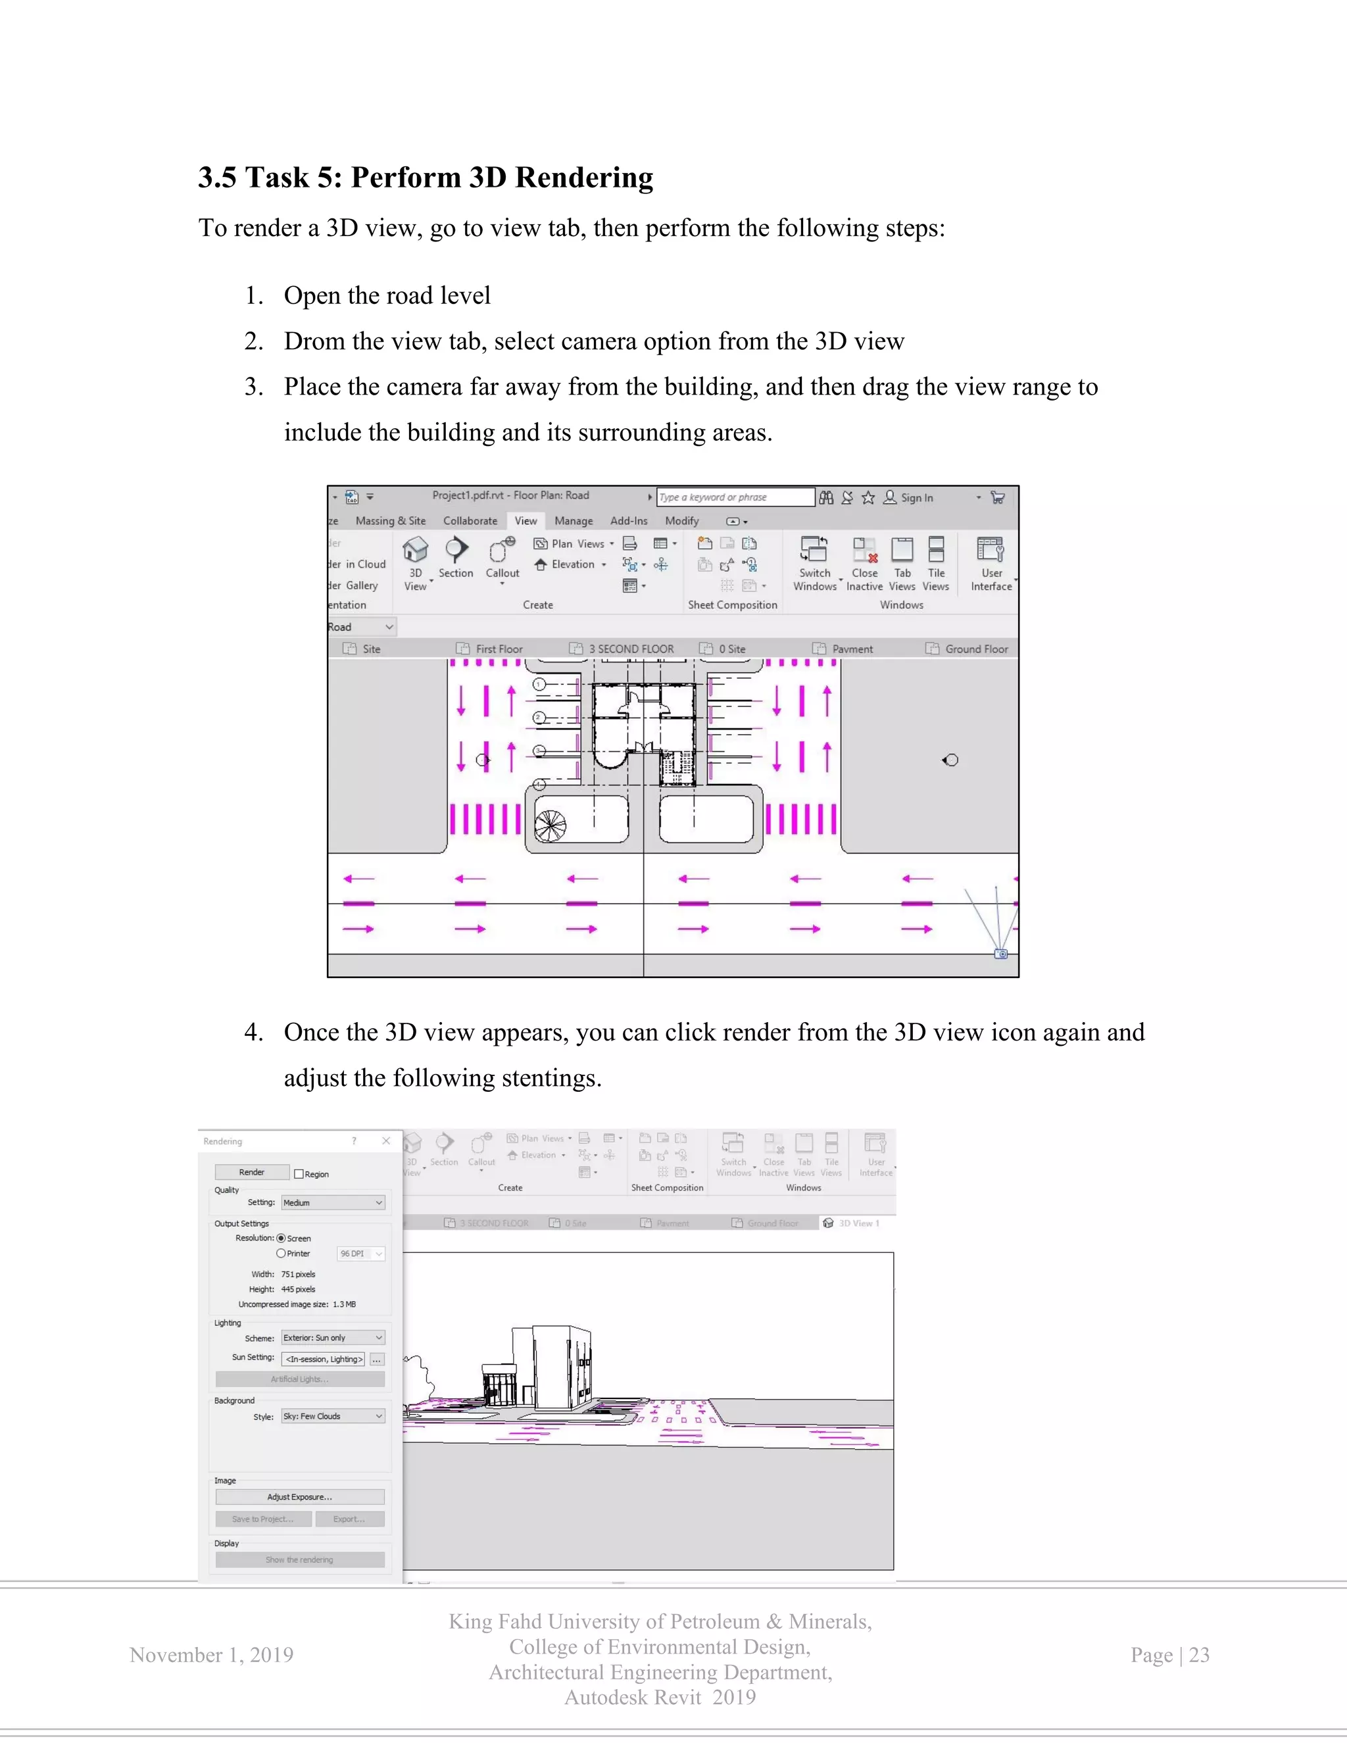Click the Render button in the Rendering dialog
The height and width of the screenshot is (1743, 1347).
pyautogui.click(x=251, y=1172)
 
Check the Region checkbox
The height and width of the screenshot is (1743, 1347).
pyautogui.click(x=299, y=1174)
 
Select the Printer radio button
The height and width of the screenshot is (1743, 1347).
pyautogui.click(x=281, y=1254)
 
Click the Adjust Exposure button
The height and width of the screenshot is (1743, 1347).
pyautogui.click(x=299, y=1497)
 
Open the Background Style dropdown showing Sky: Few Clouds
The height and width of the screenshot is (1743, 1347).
pyautogui.click(x=333, y=1417)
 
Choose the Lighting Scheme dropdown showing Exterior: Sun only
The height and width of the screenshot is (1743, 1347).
pyautogui.click(x=333, y=1338)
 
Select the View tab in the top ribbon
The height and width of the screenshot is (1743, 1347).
pyautogui.click(x=525, y=521)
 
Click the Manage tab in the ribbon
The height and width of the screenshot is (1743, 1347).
pyautogui.click(x=573, y=521)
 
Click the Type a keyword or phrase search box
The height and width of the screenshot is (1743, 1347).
pyautogui.click(x=734, y=497)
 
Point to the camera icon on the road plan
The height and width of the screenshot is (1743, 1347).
pyautogui.click(x=1000, y=954)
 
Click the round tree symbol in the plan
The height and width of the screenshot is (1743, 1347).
pyautogui.click(x=550, y=826)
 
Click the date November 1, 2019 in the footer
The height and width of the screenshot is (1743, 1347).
pyautogui.click(x=212, y=1656)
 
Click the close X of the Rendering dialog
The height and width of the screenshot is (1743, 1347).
pyautogui.click(x=386, y=1141)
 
